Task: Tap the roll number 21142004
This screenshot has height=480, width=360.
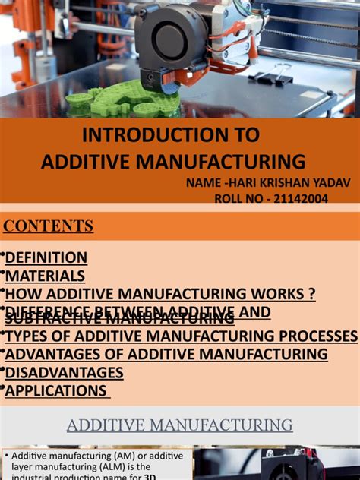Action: click(290, 198)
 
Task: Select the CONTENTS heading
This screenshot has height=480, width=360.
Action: click(49, 226)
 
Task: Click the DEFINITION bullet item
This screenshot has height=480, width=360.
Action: click(46, 257)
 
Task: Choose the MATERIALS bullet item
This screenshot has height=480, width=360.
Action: click(45, 276)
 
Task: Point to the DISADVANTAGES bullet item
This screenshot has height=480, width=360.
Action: click(64, 372)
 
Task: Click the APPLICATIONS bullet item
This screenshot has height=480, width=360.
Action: click(56, 391)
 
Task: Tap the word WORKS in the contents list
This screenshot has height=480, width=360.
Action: click(276, 294)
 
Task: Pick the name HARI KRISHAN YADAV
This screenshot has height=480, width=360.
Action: click(273, 182)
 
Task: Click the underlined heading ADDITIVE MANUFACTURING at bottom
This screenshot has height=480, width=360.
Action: click(180, 425)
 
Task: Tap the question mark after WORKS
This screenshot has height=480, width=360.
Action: click(311, 294)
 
